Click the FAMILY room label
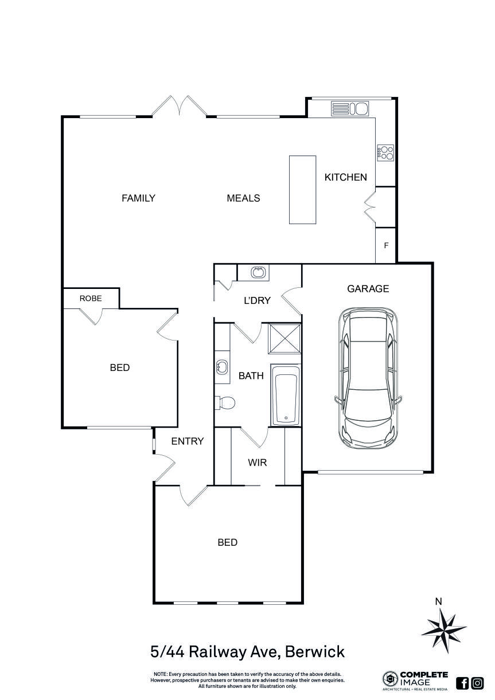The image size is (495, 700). [x=138, y=198]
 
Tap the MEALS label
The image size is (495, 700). [x=243, y=198]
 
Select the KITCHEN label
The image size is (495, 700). [x=345, y=177]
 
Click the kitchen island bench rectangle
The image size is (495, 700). [x=302, y=189]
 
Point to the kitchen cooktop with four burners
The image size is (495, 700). [x=385, y=152]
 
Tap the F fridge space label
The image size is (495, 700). [x=386, y=245]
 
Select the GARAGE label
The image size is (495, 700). [x=368, y=289]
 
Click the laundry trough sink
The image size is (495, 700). [x=259, y=272]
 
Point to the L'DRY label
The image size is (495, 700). [x=257, y=300]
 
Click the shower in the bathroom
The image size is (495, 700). [x=285, y=338]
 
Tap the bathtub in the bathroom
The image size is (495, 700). [x=285, y=395]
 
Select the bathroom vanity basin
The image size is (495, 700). [x=222, y=367]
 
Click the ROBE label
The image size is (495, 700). [x=91, y=298]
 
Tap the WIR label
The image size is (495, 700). [x=258, y=462]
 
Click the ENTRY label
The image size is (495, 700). [x=188, y=441]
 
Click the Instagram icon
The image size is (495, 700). [x=477, y=683]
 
